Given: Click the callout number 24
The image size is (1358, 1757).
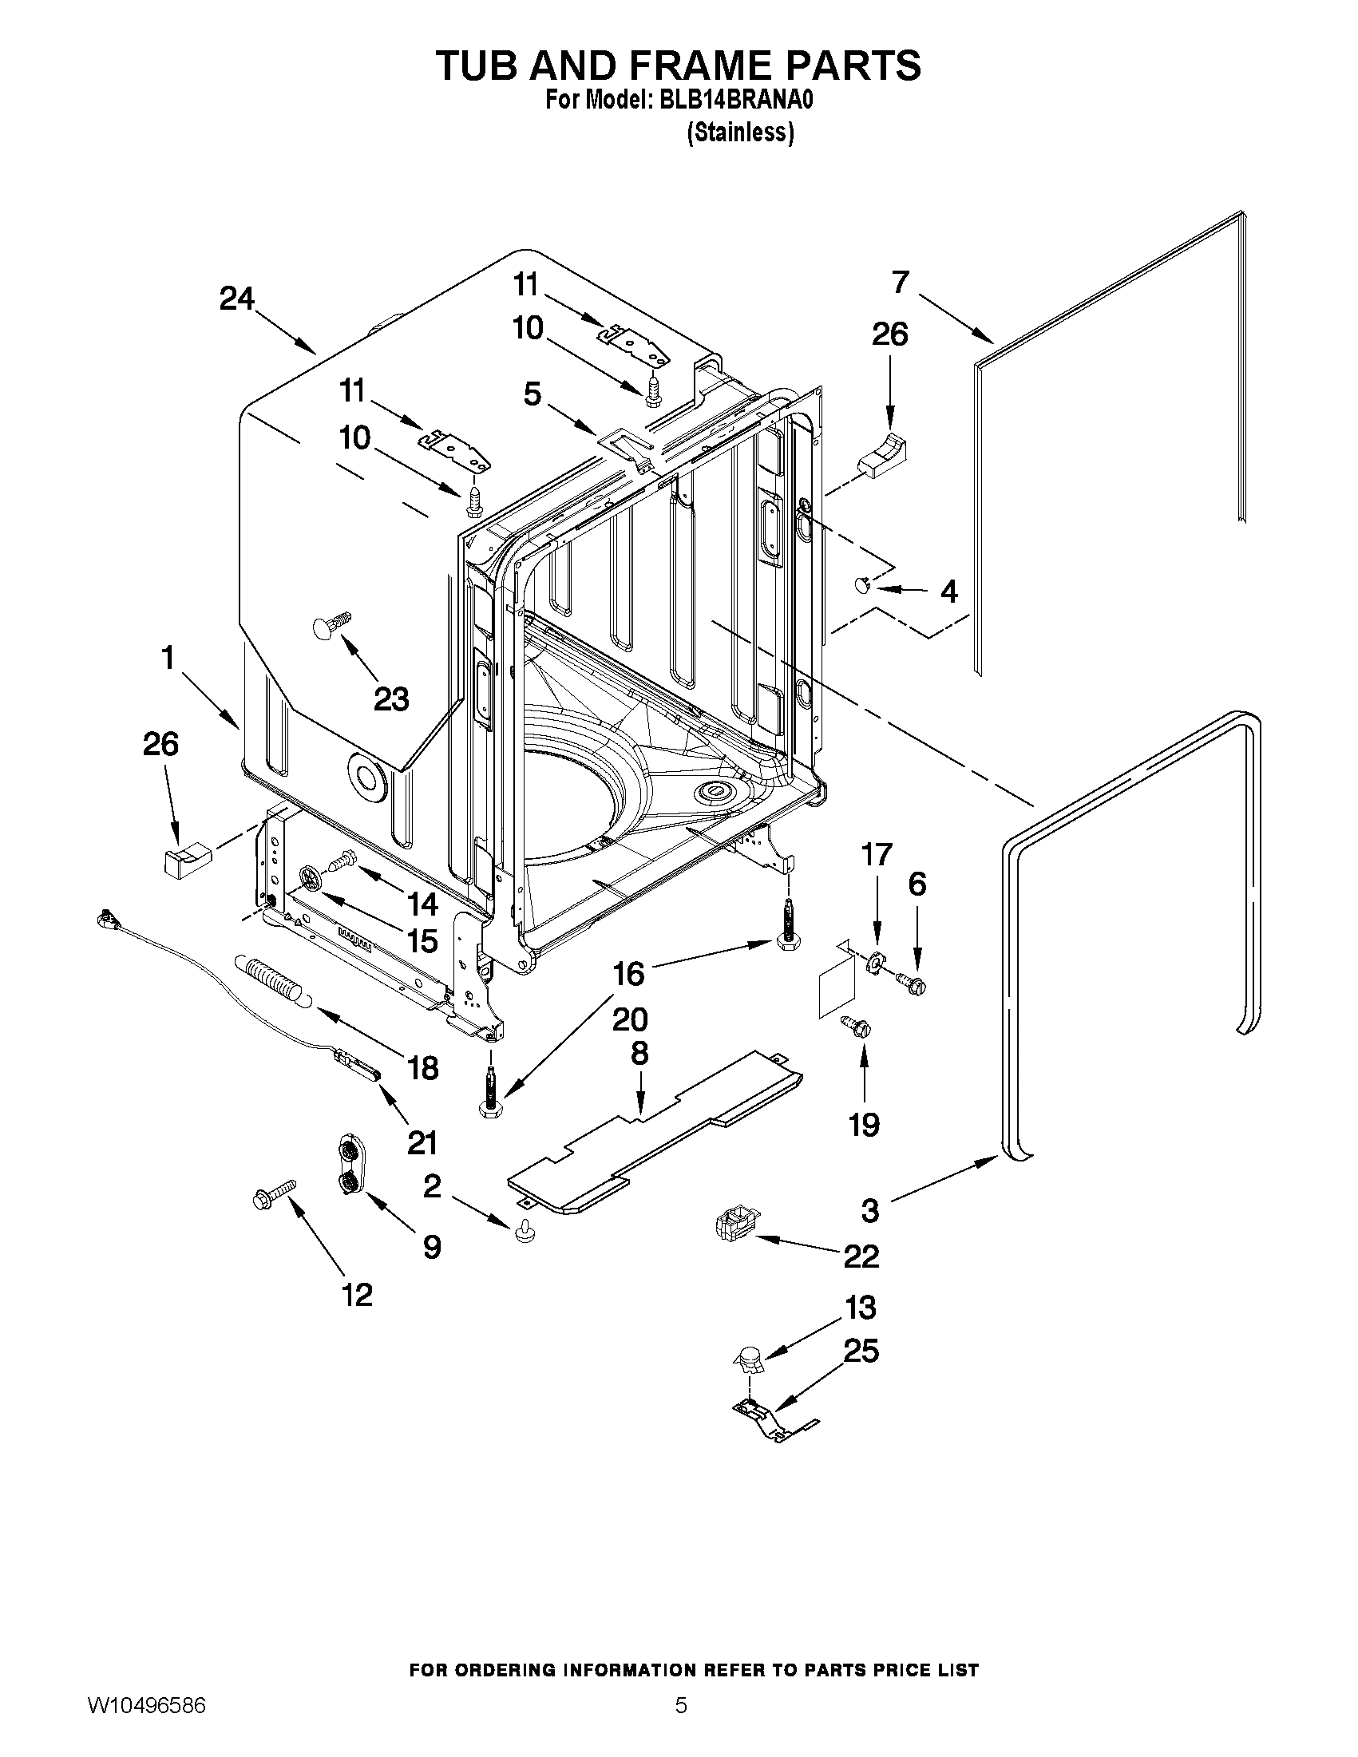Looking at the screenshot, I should click(236, 299).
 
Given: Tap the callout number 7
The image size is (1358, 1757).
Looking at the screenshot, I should click(901, 282).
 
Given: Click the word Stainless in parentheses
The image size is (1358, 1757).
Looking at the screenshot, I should click(740, 133).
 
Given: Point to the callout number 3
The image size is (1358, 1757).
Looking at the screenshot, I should click(869, 1211).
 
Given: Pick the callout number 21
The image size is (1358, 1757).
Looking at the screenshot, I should click(422, 1142).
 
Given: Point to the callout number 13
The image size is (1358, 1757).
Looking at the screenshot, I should click(860, 1308).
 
